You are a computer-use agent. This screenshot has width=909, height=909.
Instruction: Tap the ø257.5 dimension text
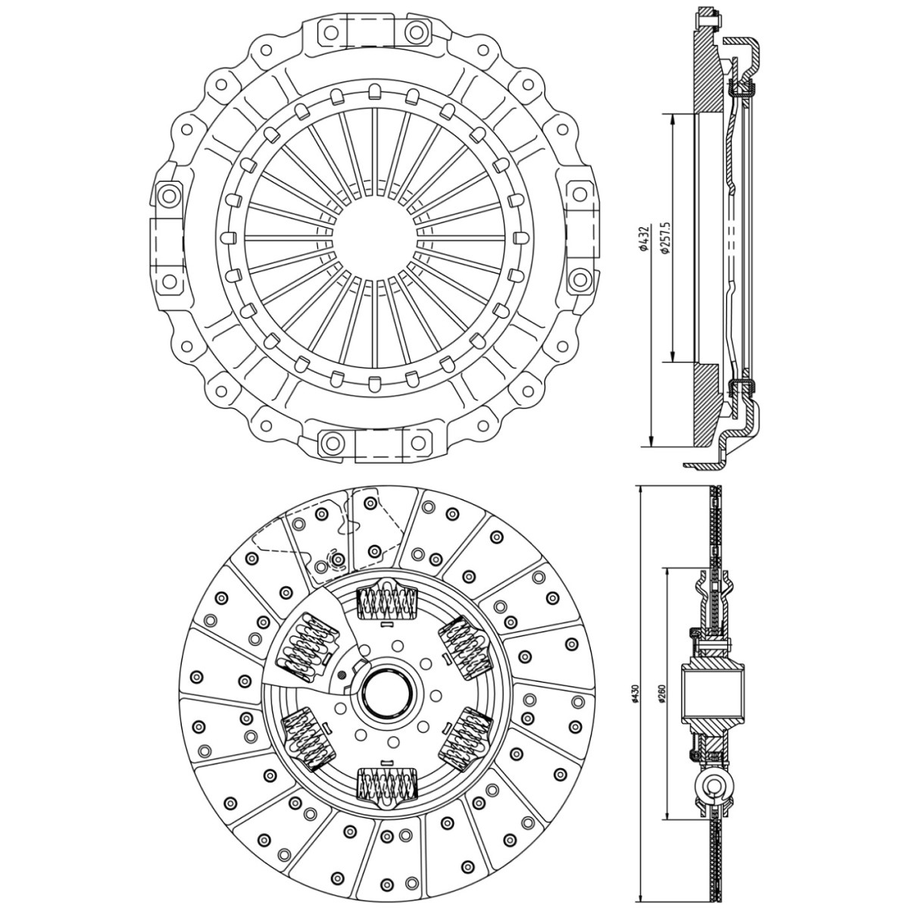(x=665, y=237)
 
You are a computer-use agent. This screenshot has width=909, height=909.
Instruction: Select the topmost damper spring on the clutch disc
(x=389, y=604)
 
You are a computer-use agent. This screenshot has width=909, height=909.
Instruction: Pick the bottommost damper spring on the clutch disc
(x=388, y=783)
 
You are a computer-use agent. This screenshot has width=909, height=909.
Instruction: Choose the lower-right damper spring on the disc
(x=467, y=741)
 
